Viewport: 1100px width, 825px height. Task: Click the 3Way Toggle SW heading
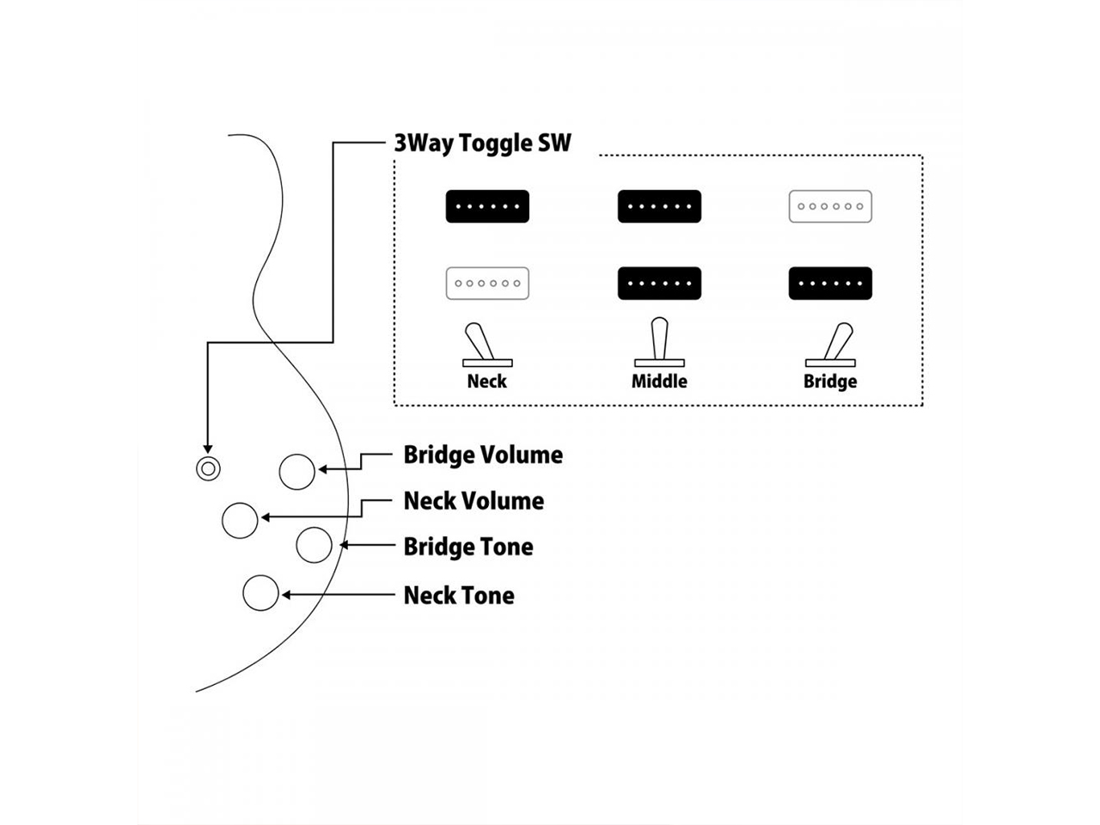click(x=482, y=143)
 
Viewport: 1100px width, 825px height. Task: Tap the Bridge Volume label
click(x=483, y=455)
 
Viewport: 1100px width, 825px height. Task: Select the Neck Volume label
click(x=474, y=501)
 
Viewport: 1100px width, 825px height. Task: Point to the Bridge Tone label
click(x=468, y=547)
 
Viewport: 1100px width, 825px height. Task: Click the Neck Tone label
click(x=459, y=595)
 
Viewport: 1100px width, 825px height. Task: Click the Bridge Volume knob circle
click(x=297, y=471)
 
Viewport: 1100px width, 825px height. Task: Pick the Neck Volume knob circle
click(x=240, y=521)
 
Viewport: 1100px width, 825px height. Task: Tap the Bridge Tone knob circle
click(x=314, y=546)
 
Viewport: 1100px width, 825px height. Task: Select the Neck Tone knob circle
click(x=260, y=593)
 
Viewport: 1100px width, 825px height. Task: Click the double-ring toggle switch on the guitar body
click(x=207, y=468)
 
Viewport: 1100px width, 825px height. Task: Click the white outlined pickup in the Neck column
click(x=487, y=284)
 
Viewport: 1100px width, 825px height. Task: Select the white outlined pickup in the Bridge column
click(x=830, y=206)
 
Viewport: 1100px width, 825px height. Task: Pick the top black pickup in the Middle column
click(x=659, y=206)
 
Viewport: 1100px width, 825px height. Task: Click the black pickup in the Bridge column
click(x=830, y=284)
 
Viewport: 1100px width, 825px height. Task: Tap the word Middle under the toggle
click(x=659, y=381)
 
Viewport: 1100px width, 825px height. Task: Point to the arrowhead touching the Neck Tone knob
click(x=286, y=595)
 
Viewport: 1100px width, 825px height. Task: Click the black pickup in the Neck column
click(x=487, y=206)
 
